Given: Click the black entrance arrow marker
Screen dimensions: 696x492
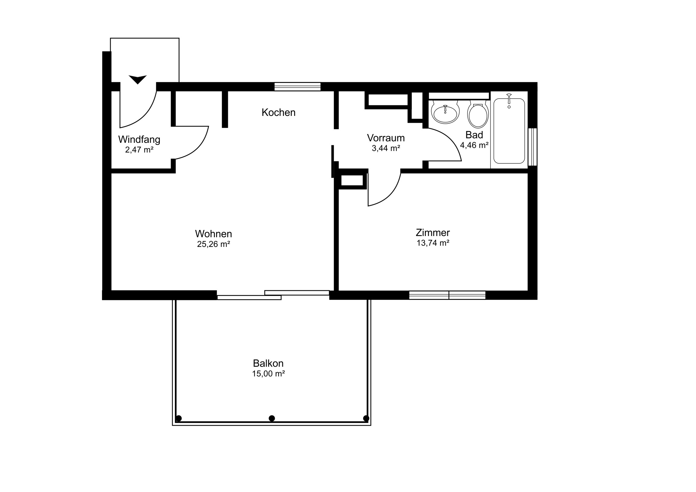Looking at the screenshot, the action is pyautogui.click(x=138, y=79).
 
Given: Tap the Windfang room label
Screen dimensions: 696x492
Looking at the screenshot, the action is pyautogui.click(x=139, y=139).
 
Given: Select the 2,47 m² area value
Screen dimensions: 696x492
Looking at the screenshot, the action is pyautogui.click(x=139, y=150).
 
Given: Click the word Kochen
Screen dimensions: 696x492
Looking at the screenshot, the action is pyautogui.click(x=279, y=113).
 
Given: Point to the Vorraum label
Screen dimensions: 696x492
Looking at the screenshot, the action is pyautogui.click(x=386, y=138).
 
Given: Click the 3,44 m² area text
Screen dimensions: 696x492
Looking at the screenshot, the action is pyautogui.click(x=386, y=148).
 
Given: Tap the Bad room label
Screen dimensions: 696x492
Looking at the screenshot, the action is pyautogui.click(x=474, y=135).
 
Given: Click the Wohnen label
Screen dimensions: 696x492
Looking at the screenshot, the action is pyautogui.click(x=214, y=234).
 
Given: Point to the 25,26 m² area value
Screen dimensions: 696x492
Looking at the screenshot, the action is pyautogui.click(x=214, y=244).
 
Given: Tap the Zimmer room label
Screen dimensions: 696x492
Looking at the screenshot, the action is pyautogui.click(x=433, y=233).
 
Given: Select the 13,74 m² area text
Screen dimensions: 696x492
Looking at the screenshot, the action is pyautogui.click(x=433, y=243).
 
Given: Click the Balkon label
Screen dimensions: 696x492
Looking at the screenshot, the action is pyautogui.click(x=268, y=363).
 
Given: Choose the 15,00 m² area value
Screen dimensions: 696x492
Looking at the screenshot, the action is pyautogui.click(x=268, y=374).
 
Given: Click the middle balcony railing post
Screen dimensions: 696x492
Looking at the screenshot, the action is pyautogui.click(x=272, y=418).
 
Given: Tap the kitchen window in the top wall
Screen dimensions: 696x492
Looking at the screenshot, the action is pyautogui.click(x=297, y=87).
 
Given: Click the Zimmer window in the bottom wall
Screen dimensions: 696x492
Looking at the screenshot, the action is pyautogui.click(x=448, y=295).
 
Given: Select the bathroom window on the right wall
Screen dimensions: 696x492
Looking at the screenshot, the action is pyautogui.click(x=533, y=147).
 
